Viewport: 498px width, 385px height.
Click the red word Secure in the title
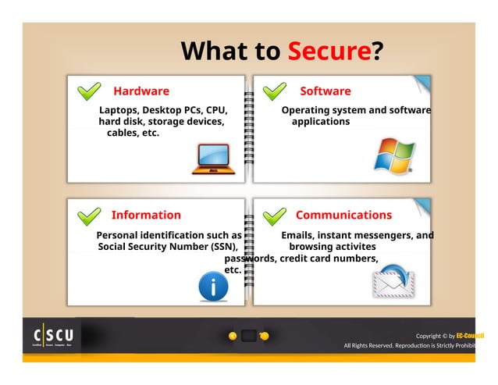pos(328,52)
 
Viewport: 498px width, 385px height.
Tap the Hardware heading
pos(141,91)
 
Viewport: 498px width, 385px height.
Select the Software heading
pos(325,91)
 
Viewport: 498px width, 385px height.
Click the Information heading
pos(146,215)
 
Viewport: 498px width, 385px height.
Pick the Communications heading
pos(343,215)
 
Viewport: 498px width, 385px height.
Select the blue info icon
pos(214,287)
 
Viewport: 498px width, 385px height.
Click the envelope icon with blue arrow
pos(394,282)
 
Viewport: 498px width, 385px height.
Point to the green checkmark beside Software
pos(275,92)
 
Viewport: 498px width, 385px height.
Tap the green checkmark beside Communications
pos(273,216)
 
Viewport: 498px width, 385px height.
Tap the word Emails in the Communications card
pos(297,235)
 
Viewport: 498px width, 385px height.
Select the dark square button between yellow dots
pos(249,336)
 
